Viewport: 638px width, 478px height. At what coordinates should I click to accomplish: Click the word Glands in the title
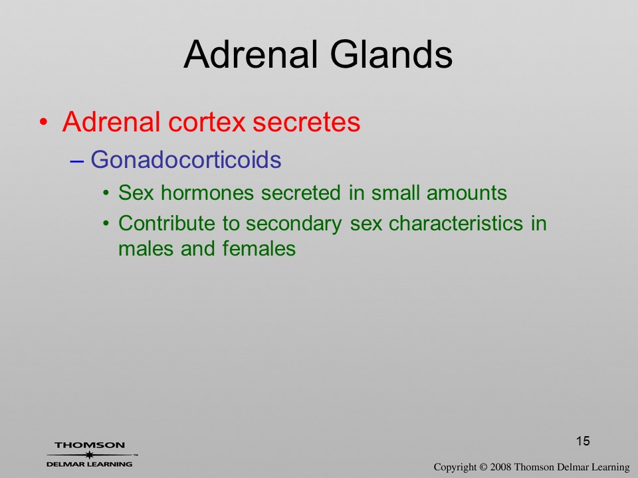[x=391, y=54]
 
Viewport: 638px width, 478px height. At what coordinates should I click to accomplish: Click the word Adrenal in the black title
[x=251, y=54]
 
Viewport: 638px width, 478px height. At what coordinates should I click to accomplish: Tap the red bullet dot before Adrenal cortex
[x=44, y=121]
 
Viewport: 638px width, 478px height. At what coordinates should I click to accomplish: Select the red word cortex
[x=207, y=121]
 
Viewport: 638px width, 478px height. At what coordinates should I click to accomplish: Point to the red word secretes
[x=306, y=121]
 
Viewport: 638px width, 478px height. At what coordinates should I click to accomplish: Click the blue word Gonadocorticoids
[x=185, y=159]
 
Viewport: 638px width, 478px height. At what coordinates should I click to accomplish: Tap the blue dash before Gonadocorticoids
[x=77, y=161]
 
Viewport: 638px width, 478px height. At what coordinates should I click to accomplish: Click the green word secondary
[x=294, y=224]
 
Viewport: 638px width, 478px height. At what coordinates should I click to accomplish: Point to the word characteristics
[x=456, y=223]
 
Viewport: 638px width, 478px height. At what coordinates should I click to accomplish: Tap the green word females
[x=259, y=248]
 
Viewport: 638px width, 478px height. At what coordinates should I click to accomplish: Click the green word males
[x=146, y=248]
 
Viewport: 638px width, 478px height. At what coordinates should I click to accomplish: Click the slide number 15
[x=583, y=441]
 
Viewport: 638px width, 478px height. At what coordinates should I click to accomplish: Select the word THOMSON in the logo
[x=90, y=445]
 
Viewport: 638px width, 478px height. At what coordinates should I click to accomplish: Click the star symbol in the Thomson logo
[x=89, y=455]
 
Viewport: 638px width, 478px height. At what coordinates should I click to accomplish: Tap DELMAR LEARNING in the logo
[x=89, y=464]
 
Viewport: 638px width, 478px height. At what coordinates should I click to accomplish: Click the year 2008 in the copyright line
[x=500, y=467]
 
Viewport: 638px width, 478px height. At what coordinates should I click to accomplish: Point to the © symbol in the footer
[x=483, y=467]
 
